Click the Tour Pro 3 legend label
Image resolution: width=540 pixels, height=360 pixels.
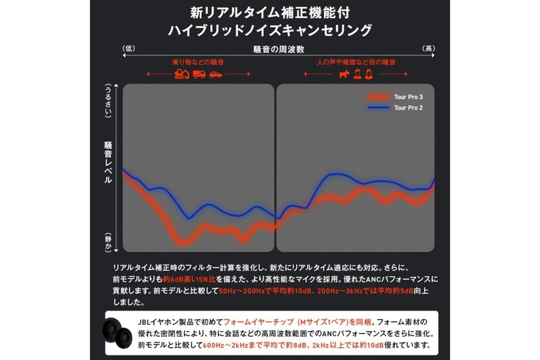point(409,97)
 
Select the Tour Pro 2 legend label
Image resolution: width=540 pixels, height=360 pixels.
point(409,108)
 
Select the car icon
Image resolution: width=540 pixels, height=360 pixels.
point(215,74)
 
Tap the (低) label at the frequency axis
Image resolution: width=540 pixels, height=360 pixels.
point(130,49)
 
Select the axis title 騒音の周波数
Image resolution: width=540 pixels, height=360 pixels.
point(277,49)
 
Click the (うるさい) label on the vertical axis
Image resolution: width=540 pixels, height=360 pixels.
point(108,102)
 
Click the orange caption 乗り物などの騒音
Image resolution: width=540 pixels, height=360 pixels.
point(198,61)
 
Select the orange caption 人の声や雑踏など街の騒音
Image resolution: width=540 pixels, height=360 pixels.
point(356,61)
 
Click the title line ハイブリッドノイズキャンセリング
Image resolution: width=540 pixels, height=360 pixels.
point(270,30)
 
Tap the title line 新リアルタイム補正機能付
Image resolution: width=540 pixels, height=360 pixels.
point(270,12)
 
